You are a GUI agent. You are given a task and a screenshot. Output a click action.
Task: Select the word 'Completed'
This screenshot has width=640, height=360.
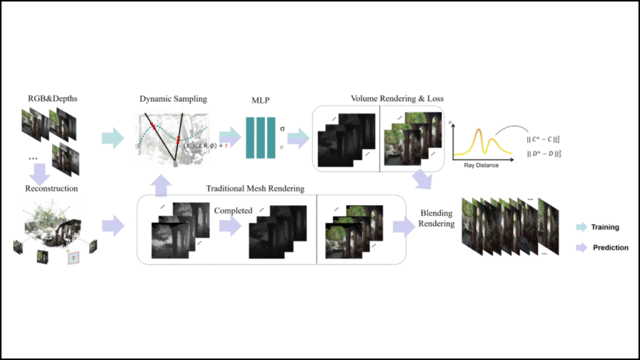click(233, 211)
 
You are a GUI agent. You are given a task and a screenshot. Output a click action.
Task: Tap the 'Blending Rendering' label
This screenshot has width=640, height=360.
click(436, 218)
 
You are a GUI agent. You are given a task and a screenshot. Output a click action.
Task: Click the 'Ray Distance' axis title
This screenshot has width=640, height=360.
click(482, 165)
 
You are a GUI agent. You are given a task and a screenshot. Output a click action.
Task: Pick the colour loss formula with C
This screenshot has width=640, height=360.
click(547, 137)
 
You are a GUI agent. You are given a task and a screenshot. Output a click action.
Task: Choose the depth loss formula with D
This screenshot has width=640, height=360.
click(547, 153)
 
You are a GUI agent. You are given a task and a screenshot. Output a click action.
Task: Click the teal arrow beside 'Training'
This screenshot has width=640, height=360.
click(582, 227)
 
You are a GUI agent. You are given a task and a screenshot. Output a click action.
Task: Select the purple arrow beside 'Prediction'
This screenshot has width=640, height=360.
click(582, 247)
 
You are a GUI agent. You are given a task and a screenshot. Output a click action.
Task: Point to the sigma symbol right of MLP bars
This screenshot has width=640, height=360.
click(282, 129)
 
